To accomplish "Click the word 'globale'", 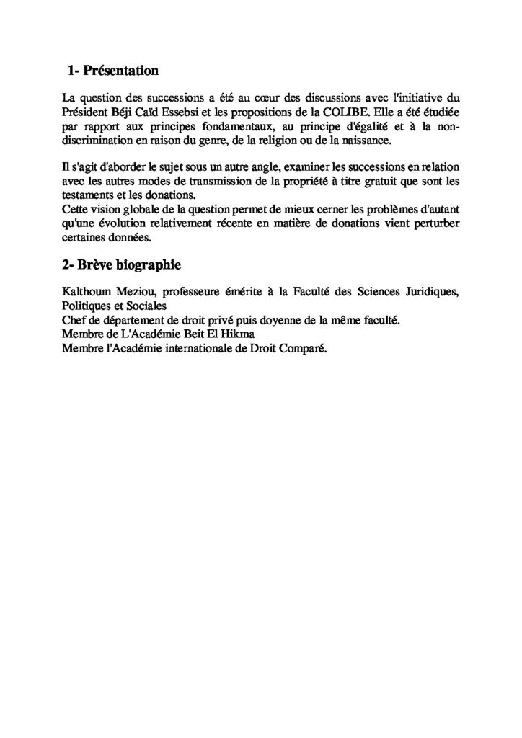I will pos(141,209).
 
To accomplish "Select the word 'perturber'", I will pos(438,222).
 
